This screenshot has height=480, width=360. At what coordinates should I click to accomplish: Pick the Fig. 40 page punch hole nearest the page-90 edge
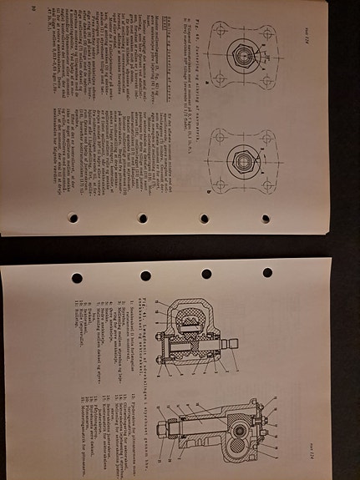pyautogui.click(x=73, y=219)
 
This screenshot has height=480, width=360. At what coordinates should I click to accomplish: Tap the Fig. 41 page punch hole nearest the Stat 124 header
pyautogui.click(x=268, y=273)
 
